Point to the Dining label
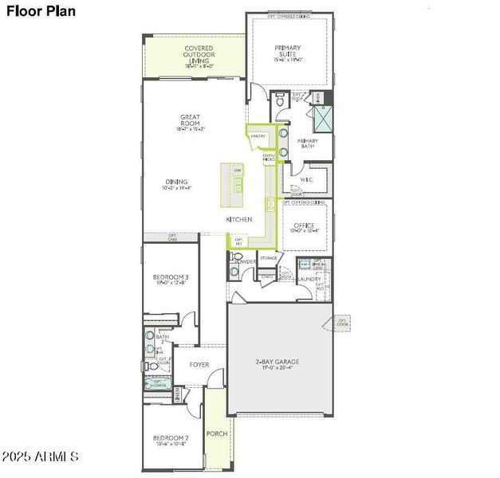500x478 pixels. pyautogui.click(x=177, y=185)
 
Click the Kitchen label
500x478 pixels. pyautogui.click(x=239, y=218)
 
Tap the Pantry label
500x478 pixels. pyautogui.click(x=258, y=136)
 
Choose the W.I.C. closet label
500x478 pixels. pyautogui.click(x=307, y=179)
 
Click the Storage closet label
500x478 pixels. pyautogui.click(x=268, y=258)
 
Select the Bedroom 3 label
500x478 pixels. pyautogui.click(x=171, y=280)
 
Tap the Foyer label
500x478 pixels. pyautogui.click(x=199, y=365)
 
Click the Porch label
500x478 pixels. pyautogui.click(x=217, y=434)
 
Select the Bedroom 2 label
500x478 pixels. pyautogui.click(x=171, y=441)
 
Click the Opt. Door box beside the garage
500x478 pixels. pyautogui.click(x=343, y=322)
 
